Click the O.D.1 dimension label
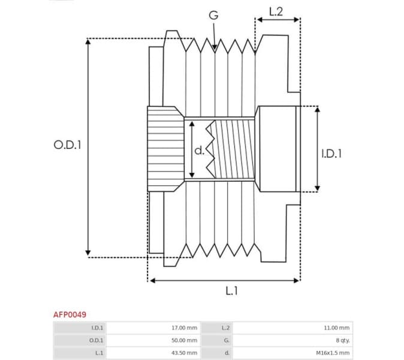click(67, 145)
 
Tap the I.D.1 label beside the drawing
click(331, 154)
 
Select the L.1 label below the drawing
click(231, 291)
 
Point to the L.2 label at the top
click(276, 11)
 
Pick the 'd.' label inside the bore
click(199, 150)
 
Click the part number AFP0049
click(70, 314)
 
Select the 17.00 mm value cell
click(184, 328)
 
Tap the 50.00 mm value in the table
click(184, 340)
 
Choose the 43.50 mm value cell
click(184, 353)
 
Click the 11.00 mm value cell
click(336, 328)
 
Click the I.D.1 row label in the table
click(97, 328)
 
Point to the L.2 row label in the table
click(225, 328)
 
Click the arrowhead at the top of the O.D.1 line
click(88, 42)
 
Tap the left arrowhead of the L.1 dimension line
click(152, 280)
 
